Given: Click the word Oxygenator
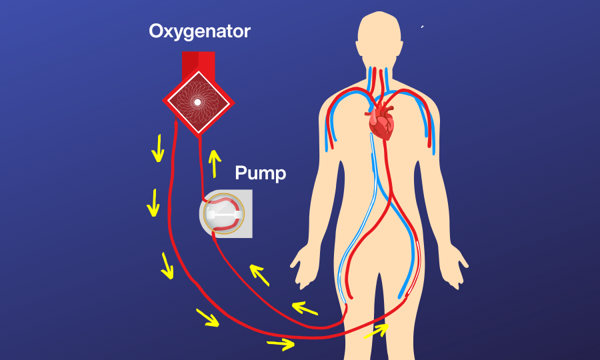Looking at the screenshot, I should [x=199, y=31].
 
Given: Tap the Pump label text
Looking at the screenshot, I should [x=260, y=174].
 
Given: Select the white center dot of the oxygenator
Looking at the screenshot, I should [x=197, y=103].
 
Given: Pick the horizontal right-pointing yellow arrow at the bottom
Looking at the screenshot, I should [x=280, y=344].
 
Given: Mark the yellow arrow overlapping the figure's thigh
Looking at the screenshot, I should [x=377, y=331].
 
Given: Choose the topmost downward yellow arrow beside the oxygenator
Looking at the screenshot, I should [x=158, y=147].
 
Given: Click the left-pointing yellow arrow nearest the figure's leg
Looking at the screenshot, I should [x=305, y=308].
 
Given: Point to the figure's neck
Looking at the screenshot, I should [x=381, y=77].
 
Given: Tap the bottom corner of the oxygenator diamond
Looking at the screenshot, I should [x=198, y=134].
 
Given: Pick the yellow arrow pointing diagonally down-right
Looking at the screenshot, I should [x=207, y=317].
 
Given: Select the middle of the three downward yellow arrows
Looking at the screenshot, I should [x=153, y=203].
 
